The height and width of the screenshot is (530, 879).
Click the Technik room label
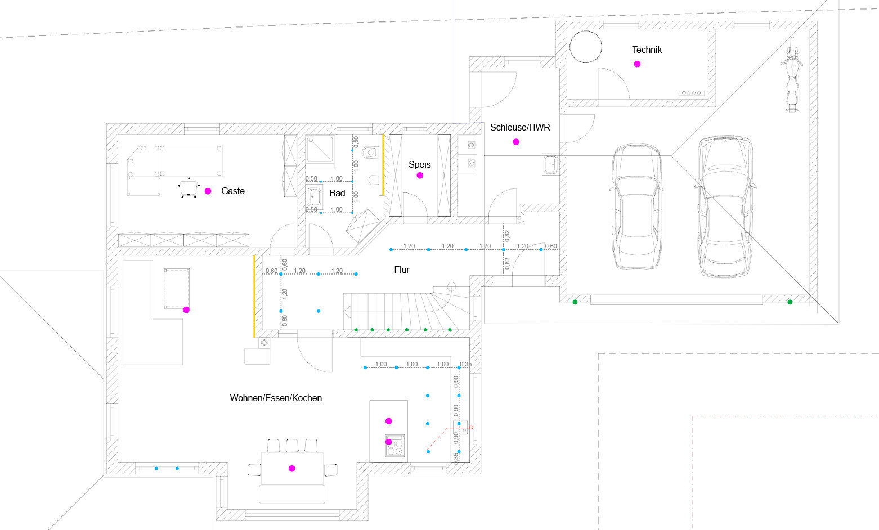click(x=647, y=50)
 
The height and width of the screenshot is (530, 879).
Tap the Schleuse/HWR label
click(x=520, y=127)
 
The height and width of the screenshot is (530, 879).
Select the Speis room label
click(x=419, y=164)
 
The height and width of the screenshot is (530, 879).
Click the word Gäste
click(x=233, y=191)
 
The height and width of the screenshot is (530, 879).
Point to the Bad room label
click(x=337, y=193)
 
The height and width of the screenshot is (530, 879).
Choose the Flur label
click(x=402, y=270)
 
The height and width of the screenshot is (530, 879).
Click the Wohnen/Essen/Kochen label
click(x=276, y=398)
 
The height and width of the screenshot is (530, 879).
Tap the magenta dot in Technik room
click(x=637, y=64)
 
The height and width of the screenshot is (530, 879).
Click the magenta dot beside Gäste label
click(x=208, y=191)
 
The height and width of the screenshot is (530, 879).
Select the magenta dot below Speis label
click(x=419, y=176)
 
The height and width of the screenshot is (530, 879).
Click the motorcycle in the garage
click(x=791, y=74)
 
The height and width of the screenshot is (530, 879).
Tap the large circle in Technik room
click(x=586, y=47)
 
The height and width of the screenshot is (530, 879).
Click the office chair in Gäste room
click(x=189, y=188)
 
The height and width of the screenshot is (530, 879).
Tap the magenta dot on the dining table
click(x=291, y=468)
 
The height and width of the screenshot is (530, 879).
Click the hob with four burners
click(x=395, y=447)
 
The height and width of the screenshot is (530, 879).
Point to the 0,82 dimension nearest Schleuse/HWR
click(x=508, y=236)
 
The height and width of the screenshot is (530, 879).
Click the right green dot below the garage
click(x=790, y=302)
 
